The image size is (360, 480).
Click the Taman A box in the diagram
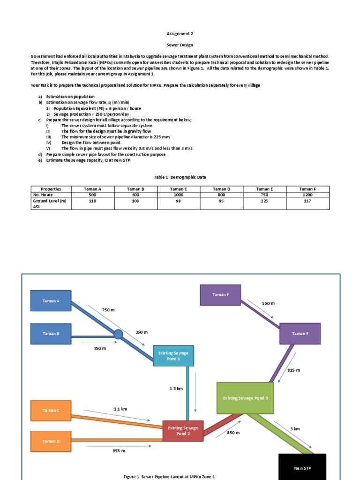point(51,301)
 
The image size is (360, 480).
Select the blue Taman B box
point(51,334)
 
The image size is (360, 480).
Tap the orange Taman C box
point(51,410)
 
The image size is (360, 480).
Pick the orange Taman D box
point(51,441)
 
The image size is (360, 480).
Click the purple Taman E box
point(220,295)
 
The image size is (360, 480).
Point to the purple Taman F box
point(300,334)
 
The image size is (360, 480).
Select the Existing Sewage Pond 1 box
point(173,355)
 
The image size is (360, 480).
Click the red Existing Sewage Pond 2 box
point(183,431)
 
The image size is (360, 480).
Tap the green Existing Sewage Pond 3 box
point(245,398)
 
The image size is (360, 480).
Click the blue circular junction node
point(119,334)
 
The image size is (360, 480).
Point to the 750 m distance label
point(108,310)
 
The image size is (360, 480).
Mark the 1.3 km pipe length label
point(176,389)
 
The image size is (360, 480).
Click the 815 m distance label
point(293,370)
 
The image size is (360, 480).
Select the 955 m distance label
point(119,450)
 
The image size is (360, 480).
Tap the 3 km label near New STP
point(295,429)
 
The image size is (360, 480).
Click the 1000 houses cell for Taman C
point(178,195)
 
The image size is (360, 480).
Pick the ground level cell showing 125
point(264,201)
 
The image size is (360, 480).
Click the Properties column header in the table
point(51,189)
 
